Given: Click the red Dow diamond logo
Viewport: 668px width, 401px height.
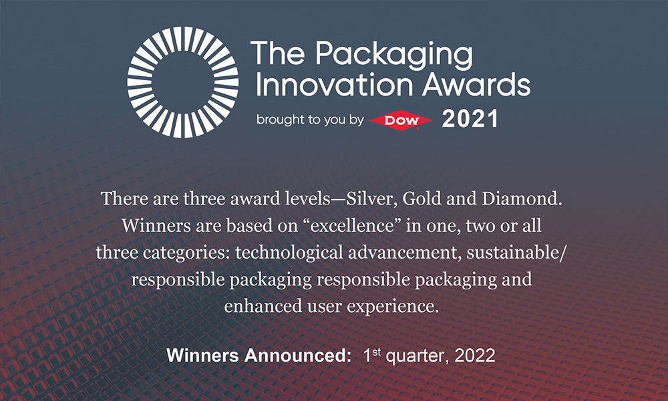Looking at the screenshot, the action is [401, 120].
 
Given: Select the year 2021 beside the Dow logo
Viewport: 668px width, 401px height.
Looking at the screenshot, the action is [470, 119].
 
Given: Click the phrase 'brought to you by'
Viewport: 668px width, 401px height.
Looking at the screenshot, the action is [310, 120].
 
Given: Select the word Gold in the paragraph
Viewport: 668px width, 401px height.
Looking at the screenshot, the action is [421, 198].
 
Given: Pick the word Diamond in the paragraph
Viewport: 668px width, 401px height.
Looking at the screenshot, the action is [522, 198].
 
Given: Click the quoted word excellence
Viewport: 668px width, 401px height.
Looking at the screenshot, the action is [351, 225].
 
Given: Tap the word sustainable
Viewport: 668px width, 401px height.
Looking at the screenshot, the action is [515, 253].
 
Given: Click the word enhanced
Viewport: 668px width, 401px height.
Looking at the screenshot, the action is [263, 306].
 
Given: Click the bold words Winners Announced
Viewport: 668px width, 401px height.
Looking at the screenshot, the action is [259, 356].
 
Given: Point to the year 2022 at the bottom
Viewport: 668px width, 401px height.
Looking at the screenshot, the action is [474, 356].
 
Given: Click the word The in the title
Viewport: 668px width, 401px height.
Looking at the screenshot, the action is [278, 53].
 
